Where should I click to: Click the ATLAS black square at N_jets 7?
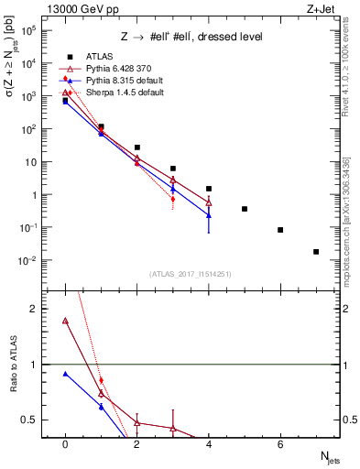pyautogui.click(x=316, y=252)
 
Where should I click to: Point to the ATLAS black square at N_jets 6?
pyautogui.click(x=280, y=230)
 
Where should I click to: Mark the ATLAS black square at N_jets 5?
pyautogui.click(x=245, y=209)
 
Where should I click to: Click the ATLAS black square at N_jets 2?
pyautogui.click(x=136, y=147)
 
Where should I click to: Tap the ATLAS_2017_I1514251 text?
pyautogui.click(x=190, y=273)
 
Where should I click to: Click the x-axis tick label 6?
pyautogui.click(x=280, y=444)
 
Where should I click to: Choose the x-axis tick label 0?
pyautogui.click(x=65, y=444)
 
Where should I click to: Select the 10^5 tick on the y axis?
pyautogui.click(x=29, y=30)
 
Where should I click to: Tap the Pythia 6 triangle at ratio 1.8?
pyautogui.click(x=65, y=321)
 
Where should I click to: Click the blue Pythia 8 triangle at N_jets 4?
pyautogui.click(x=209, y=215)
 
